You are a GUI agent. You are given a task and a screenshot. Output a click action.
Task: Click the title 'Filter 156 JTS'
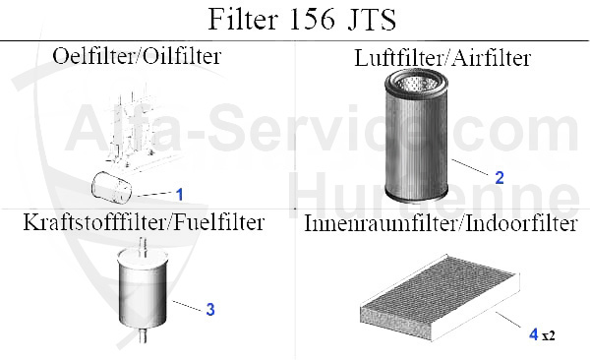295,20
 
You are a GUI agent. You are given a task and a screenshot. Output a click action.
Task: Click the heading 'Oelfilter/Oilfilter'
136,56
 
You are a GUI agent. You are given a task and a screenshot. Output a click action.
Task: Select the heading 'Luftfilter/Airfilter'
442,58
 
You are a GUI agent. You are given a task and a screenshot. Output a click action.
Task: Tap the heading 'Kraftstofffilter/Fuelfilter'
143,222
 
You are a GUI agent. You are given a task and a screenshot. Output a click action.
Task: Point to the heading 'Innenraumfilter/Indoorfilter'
441,224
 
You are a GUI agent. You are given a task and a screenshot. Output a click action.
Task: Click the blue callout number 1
180,194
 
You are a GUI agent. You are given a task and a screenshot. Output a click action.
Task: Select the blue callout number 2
499,178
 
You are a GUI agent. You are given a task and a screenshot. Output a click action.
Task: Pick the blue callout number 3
209,309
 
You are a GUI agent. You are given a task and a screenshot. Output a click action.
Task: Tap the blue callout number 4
534,334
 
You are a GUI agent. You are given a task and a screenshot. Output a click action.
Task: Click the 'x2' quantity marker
549,335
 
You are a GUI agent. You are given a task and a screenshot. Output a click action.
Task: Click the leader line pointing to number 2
472,167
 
